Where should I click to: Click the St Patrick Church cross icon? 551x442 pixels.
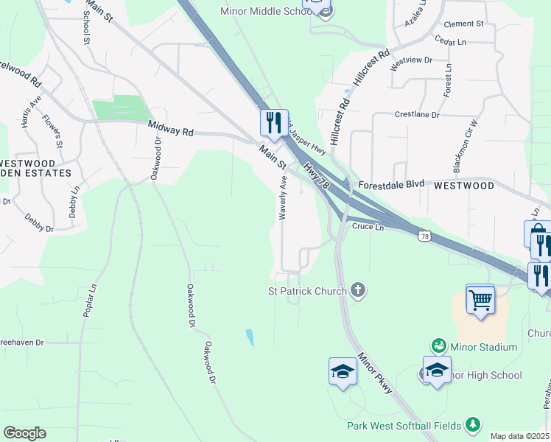[x=358, y=290]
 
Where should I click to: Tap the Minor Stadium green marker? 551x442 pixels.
[x=439, y=345]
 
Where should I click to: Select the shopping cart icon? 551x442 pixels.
[x=480, y=301]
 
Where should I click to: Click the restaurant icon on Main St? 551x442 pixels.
[x=274, y=122]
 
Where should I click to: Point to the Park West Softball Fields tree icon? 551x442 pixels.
[x=472, y=425]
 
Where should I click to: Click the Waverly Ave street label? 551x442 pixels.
[x=283, y=197]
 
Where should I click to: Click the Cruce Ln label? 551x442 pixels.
[x=368, y=228]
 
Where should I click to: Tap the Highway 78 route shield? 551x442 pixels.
[x=424, y=236]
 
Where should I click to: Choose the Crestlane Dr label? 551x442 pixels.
[x=417, y=115]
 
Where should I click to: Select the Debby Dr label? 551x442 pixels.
[x=40, y=224]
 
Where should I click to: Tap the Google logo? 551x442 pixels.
[x=24, y=433]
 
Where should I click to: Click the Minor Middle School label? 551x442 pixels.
[x=266, y=11]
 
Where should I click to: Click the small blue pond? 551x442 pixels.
[x=250, y=338]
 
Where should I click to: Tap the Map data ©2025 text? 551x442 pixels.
[x=519, y=436]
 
